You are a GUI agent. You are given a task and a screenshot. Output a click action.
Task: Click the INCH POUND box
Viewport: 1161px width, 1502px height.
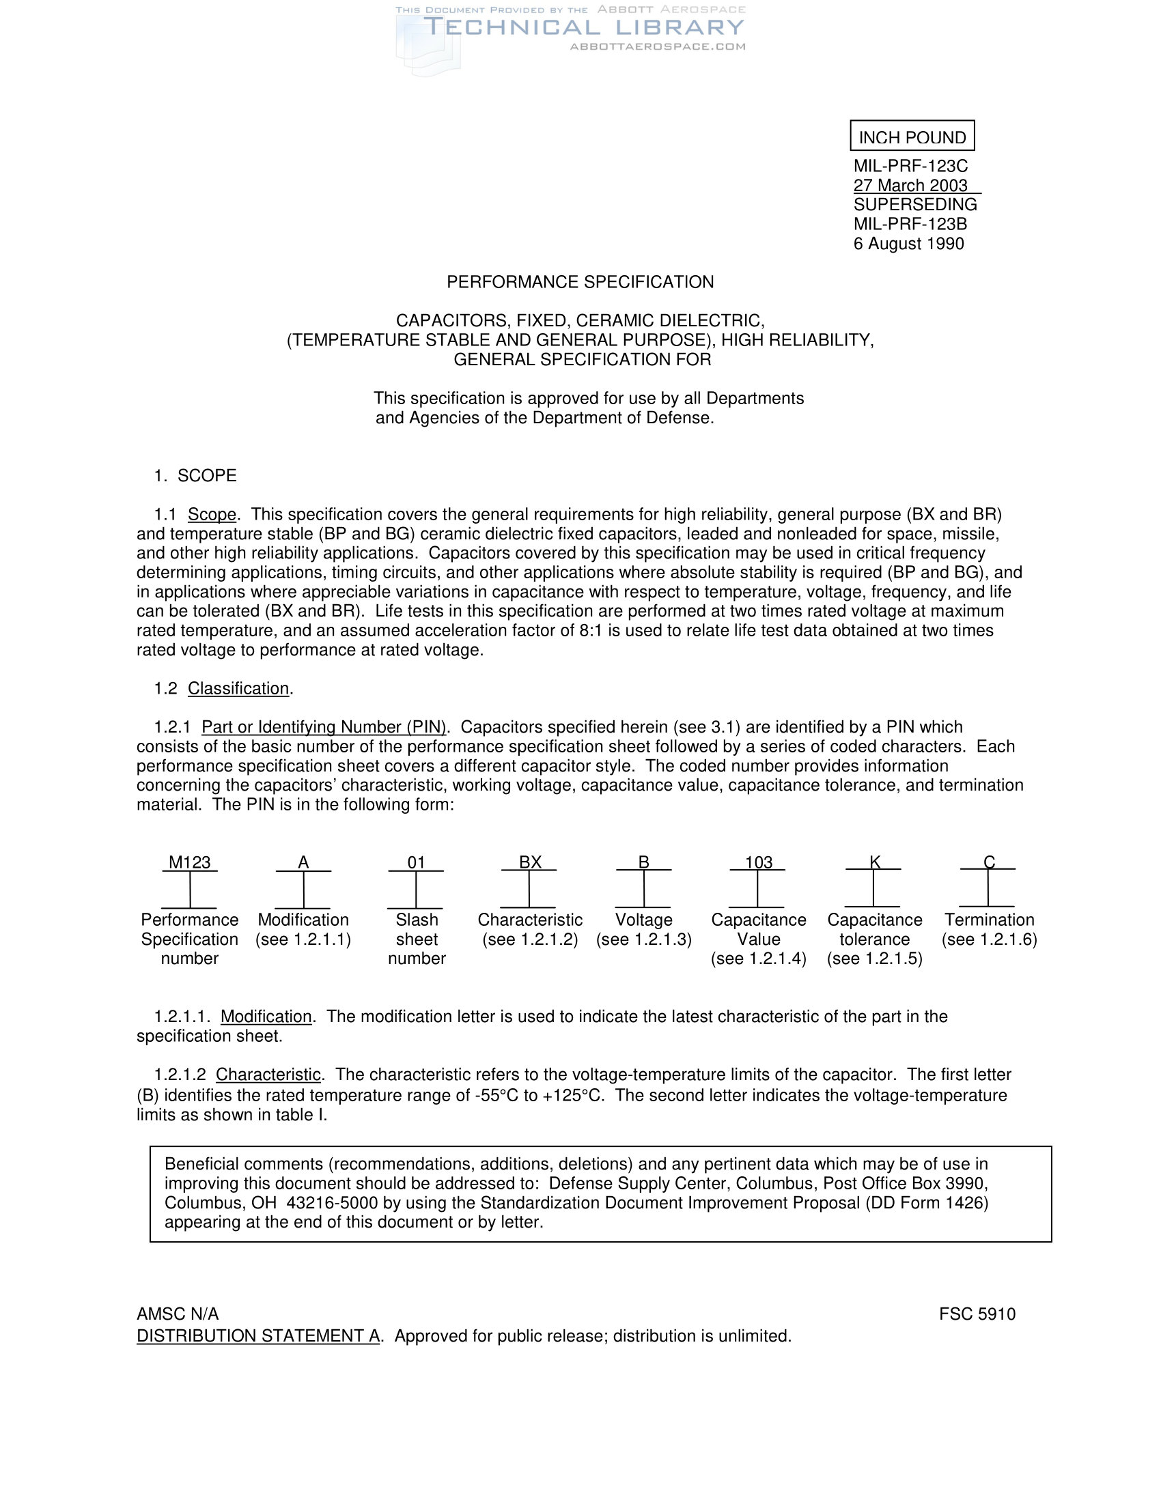click(912, 137)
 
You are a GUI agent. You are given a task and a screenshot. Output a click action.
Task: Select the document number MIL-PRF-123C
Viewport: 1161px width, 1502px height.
click(910, 167)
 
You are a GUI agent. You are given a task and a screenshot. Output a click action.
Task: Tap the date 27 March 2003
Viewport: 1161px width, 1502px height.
click(910, 186)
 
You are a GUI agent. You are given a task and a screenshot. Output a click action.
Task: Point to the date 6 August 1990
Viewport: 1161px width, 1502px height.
click(908, 244)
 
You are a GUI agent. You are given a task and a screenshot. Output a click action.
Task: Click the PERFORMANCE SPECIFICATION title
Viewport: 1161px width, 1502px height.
click(580, 282)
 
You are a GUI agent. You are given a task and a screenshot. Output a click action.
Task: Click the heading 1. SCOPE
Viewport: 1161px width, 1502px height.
click(195, 476)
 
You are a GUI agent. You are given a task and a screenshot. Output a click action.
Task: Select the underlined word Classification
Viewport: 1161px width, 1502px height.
click(238, 688)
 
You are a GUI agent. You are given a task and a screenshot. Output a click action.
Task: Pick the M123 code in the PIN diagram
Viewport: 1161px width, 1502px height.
click(190, 862)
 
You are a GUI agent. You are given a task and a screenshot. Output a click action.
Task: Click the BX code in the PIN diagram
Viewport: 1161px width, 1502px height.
click(530, 862)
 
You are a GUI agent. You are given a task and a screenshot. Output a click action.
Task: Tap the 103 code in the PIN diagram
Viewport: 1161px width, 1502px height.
click(759, 862)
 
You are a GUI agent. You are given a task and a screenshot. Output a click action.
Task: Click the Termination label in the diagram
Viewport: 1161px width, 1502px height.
click(989, 920)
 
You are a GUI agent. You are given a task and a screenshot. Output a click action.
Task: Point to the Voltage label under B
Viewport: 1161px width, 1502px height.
click(644, 920)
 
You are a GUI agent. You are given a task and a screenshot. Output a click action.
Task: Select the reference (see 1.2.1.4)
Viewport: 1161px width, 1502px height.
click(759, 959)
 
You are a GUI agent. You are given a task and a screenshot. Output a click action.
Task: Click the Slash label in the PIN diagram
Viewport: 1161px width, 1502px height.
click(417, 920)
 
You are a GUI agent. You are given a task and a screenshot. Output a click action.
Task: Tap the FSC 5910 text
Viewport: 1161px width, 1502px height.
click(977, 1314)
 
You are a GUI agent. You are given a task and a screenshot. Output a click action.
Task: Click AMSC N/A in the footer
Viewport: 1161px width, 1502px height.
click(178, 1314)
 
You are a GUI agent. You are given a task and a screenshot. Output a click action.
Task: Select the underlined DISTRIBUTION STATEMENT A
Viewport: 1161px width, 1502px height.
click(258, 1336)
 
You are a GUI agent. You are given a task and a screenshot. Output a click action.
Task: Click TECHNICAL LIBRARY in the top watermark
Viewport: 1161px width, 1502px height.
click(584, 27)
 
